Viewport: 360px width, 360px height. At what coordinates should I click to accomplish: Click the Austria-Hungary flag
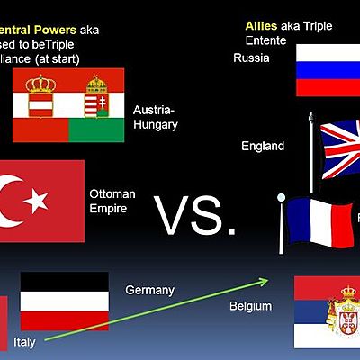(x=68, y=106)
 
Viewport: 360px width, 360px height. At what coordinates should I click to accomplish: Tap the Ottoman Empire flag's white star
(x=36, y=201)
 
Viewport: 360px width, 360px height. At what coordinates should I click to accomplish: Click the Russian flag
(x=328, y=68)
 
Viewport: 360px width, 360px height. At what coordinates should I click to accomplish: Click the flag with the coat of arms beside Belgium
(x=328, y=312)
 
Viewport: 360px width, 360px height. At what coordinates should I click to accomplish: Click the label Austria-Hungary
(x=155, y=117)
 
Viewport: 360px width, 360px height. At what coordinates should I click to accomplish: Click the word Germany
(x=149, y=290)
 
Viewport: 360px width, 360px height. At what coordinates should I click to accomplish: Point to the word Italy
(x=25, y=342)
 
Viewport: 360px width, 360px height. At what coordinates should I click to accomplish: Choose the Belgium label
(x=250, y=307)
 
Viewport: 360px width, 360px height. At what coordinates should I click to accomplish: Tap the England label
(x=263, y=146)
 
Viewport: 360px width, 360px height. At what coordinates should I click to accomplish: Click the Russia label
(x=250, y=58)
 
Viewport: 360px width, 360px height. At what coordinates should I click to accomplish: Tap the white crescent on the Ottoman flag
(x=13, y=201)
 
